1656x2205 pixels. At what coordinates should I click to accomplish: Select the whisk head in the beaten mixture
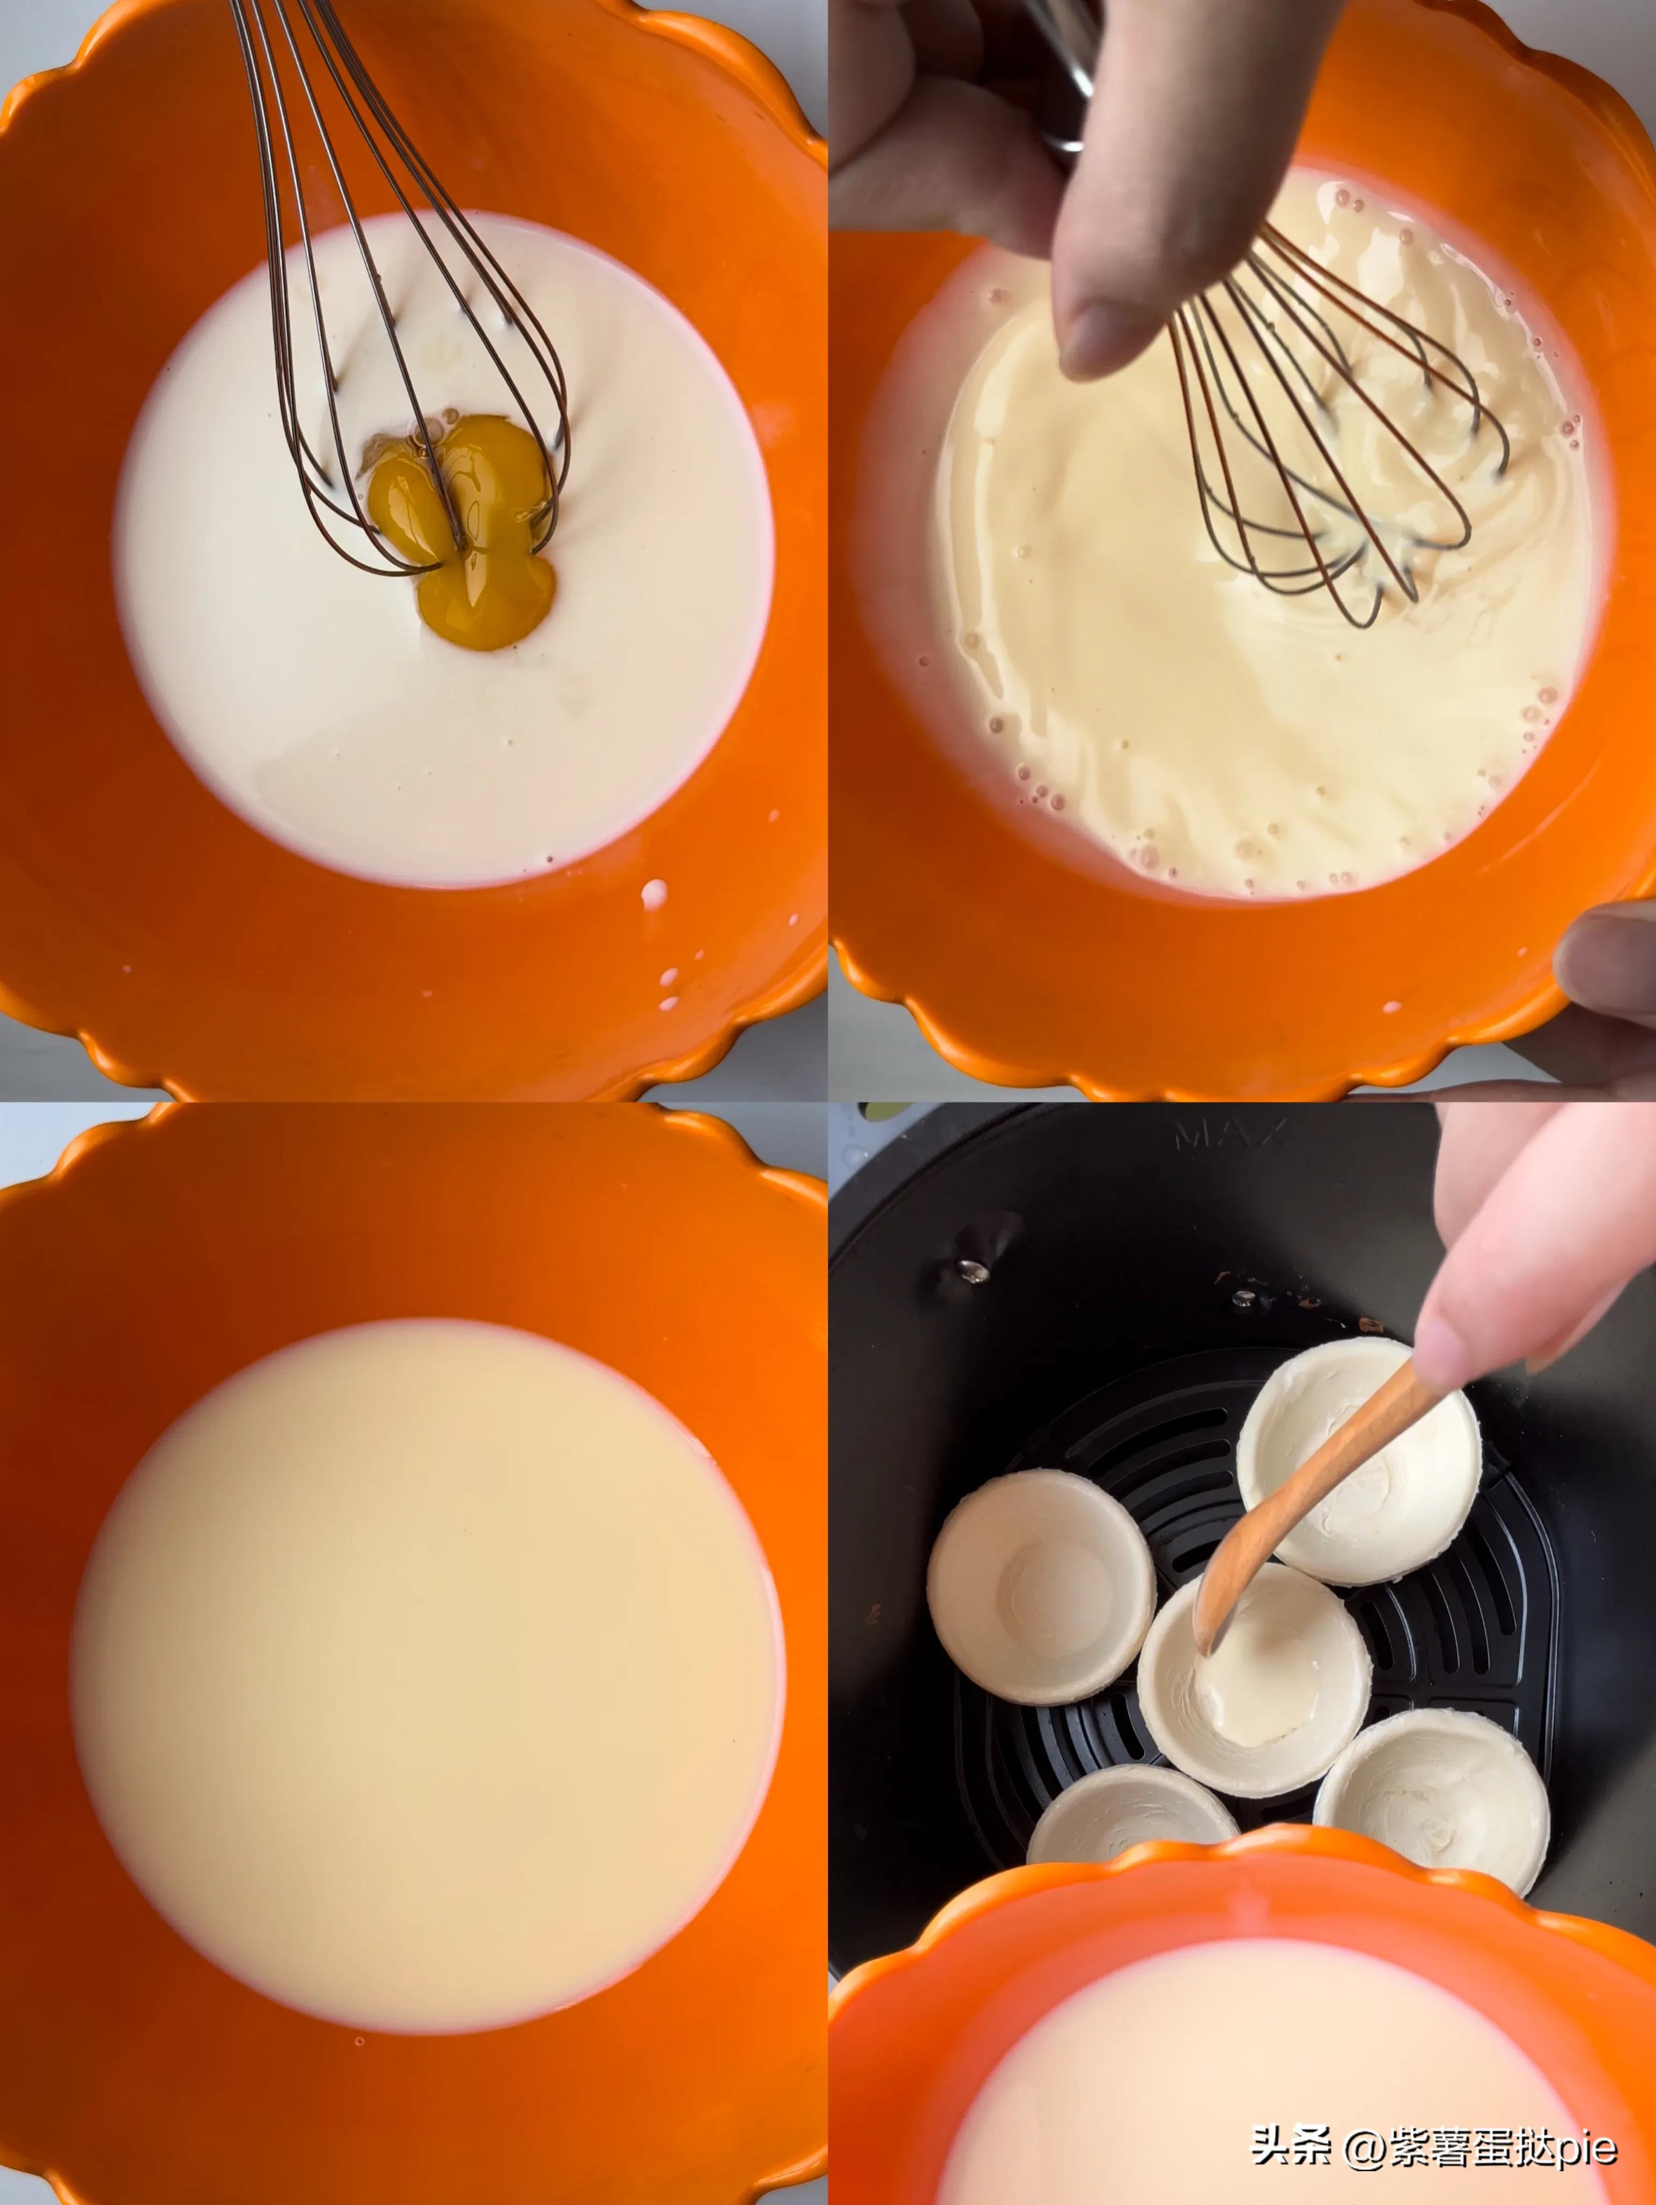pyautogui.click(x=1326, y=429)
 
